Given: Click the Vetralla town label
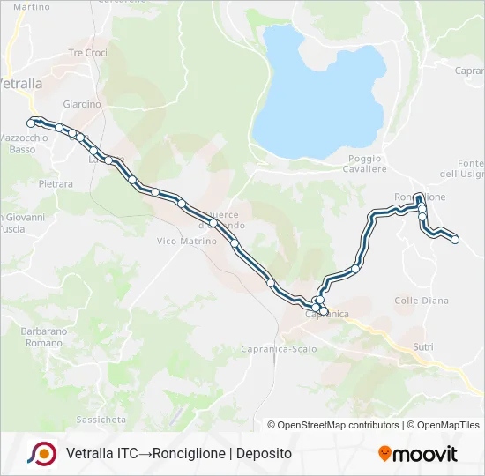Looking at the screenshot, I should [x=19, y=84].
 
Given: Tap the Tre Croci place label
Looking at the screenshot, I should [x=87, y=53].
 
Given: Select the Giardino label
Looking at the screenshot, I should [x=82, y=104].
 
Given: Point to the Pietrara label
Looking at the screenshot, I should [x=56, y=184].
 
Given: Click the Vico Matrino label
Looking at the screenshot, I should [x=185, y=241].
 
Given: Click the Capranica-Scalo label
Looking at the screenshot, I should [x=279, y=349].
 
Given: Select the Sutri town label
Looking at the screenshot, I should [x=423, y=347].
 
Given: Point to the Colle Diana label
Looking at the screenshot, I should [x=422, y=301].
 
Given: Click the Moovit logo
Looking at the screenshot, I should [x=418, y=454].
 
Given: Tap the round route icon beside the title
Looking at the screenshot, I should [x=43, y=453].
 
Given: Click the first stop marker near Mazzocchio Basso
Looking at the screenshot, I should [x=32, y=123].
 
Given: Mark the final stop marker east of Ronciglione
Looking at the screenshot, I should [x=455, y=239].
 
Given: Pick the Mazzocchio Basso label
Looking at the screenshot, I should [x=30, y=144].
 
